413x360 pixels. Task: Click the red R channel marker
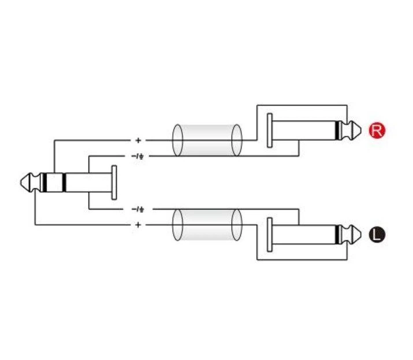coord(377,130)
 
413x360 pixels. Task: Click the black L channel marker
coord(377,235)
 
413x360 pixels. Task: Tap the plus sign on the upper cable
coord(138,140)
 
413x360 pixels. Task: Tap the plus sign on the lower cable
coord(138,225)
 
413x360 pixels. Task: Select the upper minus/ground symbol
coord(137,157)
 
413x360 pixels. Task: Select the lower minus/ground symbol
coord(137,210)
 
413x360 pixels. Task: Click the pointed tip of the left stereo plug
coord(21,183)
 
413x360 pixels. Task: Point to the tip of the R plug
coord(361,131)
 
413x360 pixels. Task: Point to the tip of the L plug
coord(361,235)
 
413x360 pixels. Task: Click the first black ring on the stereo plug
coord(44,183)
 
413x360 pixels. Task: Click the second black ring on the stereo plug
coord(64,183)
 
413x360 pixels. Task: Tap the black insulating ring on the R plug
coord(337,131)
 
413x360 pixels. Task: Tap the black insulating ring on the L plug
coord(337,235)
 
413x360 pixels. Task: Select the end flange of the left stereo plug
coord(114,183)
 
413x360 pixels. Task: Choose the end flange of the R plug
coord(269,131)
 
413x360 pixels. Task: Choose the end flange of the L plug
coord(269,235)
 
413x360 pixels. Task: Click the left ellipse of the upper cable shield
coord(173,140)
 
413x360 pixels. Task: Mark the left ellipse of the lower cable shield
coord(173,225)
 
